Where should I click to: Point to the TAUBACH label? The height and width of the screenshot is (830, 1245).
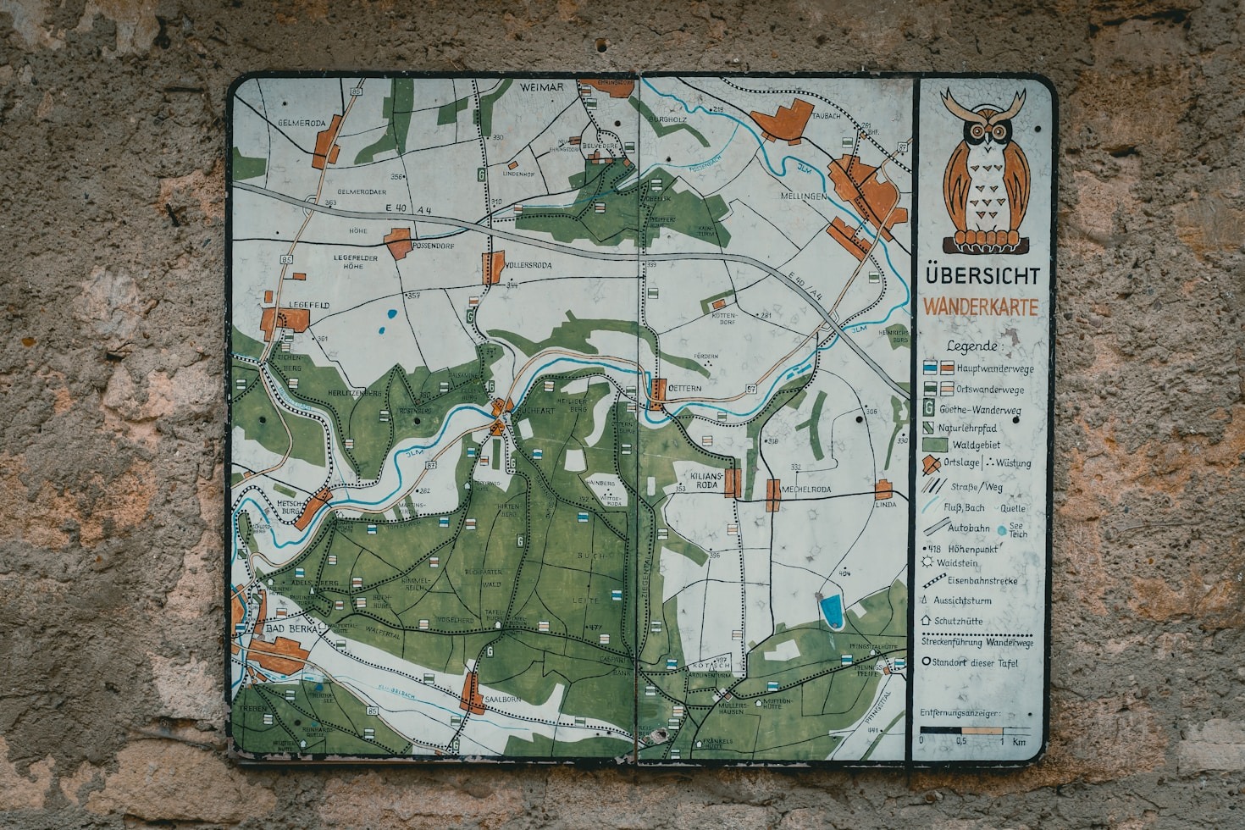(x=827, y=116)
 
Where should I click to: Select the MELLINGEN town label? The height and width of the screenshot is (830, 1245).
(x=803, y=196)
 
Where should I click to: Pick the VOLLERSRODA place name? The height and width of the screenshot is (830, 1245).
(x=529, y=265)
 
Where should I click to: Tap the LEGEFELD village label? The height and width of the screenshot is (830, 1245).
(x=309, y=305)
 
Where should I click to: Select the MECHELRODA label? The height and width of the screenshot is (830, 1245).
(x=805, y=490)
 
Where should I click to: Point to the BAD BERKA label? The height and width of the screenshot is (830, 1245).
(x=290, y=629)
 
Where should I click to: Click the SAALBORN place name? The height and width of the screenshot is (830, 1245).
(x=502, y=700)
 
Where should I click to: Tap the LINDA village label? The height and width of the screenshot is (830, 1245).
(x=885, y=505)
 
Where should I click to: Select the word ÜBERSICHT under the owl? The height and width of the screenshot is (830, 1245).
(x=982, y=276)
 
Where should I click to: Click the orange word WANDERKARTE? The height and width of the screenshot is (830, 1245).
(x=980, y=307)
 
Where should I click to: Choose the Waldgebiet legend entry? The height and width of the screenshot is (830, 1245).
(x=975, y=445)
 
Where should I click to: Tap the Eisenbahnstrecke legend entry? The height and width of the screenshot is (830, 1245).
(x=982, y=581)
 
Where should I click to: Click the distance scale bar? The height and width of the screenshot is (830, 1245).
(x=974, y=730)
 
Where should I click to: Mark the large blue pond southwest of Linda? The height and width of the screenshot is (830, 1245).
(x=832, y=611)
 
